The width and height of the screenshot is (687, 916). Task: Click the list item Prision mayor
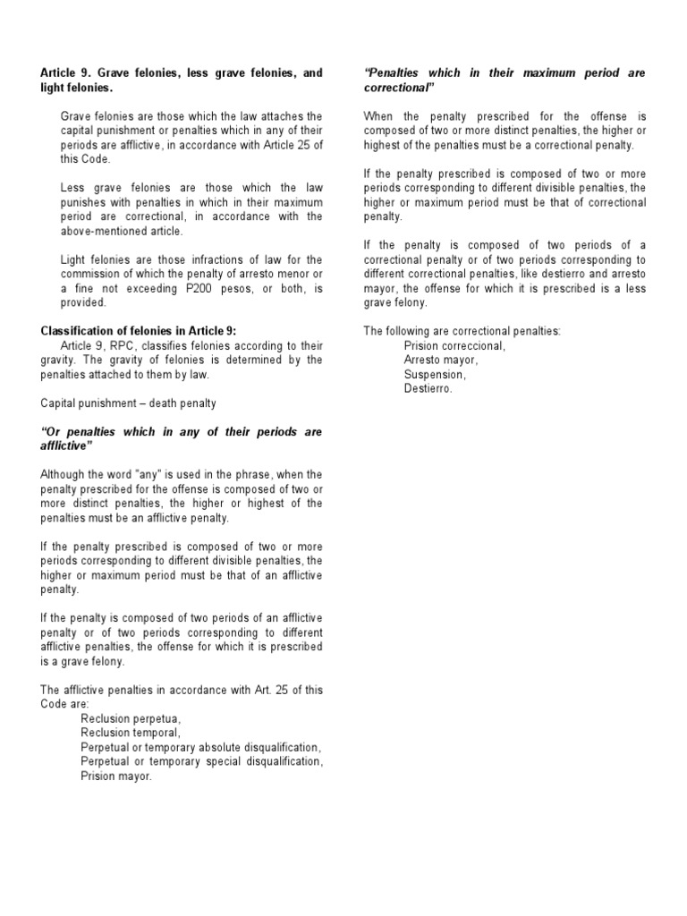pos(116,776)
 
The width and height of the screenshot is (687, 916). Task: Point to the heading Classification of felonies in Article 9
pos(139,331)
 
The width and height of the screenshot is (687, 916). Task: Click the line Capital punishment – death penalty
pos(128,403)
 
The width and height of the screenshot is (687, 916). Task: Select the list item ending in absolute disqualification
pos(200,747)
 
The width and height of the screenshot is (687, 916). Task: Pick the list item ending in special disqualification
pos(200,761)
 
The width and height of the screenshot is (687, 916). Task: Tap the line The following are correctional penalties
pos(462,331)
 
